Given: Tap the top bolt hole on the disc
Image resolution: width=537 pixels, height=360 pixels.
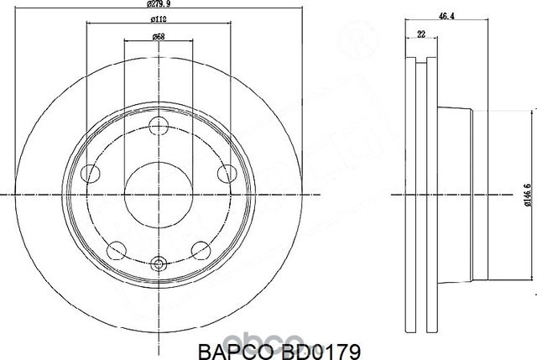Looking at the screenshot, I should point(157,126).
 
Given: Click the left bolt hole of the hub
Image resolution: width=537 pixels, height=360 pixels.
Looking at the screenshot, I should point(90,174).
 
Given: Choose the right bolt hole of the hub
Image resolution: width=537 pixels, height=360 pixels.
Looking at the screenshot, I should point(224,174).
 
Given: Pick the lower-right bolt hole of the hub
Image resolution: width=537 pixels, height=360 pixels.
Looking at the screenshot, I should point(199,249).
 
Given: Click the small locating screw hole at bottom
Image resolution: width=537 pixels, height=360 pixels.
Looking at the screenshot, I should point(157,263).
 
